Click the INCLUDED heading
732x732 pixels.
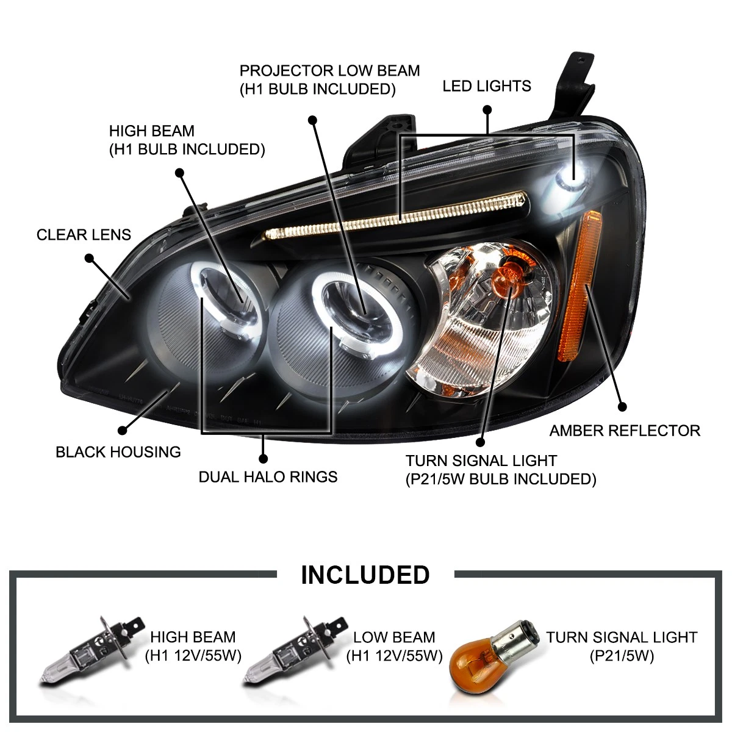coord(365,575)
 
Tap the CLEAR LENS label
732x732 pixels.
coord(84,235)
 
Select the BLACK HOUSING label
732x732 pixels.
coord(118,452)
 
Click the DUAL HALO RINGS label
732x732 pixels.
coord(268,476)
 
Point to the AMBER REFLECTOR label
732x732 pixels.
coord(625,431)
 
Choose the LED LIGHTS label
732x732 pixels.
coord(487,86)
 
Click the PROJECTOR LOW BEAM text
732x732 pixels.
coord(329,71)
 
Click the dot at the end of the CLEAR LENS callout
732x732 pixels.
coord(89,258)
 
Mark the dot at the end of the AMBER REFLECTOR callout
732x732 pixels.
coord(622,406)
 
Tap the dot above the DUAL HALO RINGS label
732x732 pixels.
coord(264,457)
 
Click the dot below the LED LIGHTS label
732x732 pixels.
coord(487,110)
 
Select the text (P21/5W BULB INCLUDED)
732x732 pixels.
coord(501,479)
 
